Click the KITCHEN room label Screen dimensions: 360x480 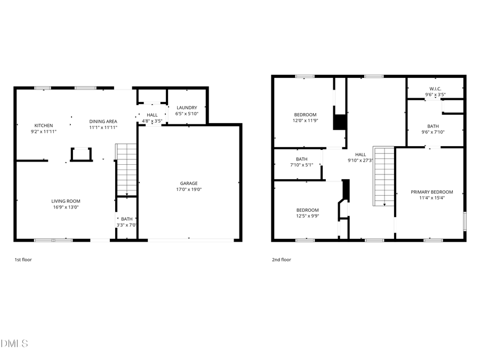[x=44, y=125]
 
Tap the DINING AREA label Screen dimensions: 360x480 [x=103, y=121]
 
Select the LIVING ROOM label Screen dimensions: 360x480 [x=66, y=201]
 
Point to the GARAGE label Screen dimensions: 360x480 [x=189, y=183]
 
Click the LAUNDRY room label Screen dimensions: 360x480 [x=187, y=107]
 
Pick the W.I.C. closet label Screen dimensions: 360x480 [x=435, y=89]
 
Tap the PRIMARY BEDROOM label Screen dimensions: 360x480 [x=431, y=192]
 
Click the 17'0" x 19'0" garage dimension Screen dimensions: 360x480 [x=189, y=189]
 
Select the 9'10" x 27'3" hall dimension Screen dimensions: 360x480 [x=361, y=160]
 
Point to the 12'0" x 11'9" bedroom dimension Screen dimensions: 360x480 [x=306, y=121]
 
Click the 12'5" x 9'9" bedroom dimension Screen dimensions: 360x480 [x=308, y=216]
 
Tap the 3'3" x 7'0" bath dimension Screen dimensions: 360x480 [x=127, y=225]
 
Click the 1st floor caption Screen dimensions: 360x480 [x=23, y=260]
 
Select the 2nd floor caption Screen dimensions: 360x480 [x=282, y=260]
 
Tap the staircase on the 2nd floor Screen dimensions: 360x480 [x=383, y=176]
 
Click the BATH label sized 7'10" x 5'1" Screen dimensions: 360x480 [x=302, y=159]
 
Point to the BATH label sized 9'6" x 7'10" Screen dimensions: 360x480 [x=433, y=126]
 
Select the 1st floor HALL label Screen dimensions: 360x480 [x=152, y=115]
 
